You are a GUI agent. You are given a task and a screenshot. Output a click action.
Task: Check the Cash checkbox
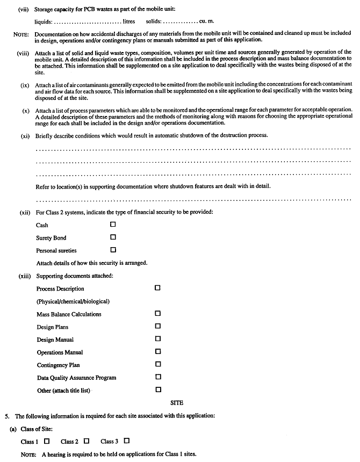point(113,225)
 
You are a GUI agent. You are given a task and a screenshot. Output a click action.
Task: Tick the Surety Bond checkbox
point(113,237)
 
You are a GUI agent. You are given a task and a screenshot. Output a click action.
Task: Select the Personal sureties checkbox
point(113,249)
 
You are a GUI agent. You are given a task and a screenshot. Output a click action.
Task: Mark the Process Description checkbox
point(157,288)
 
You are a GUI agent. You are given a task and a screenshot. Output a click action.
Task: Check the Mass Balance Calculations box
point(157,313)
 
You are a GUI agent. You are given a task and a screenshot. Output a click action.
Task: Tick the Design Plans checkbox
point(157,326)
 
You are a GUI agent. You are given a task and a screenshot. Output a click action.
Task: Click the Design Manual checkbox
point(157,339)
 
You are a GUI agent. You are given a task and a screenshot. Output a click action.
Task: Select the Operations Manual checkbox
point(157,351)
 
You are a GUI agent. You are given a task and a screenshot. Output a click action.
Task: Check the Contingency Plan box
point(157,364)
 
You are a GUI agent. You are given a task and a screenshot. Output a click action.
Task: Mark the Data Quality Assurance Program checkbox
point(157,377)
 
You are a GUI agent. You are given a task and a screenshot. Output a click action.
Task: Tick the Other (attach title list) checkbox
point(157,389)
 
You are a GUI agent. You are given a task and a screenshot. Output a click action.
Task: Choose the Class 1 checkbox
point(47,441)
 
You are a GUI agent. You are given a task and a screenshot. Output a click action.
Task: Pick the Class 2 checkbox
point(86,441)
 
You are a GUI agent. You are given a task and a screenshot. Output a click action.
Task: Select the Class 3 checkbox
point(126,441)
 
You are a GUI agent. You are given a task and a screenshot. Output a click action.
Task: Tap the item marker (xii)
point(25,212)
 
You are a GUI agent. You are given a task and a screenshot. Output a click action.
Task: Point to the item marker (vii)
point(25,9)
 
